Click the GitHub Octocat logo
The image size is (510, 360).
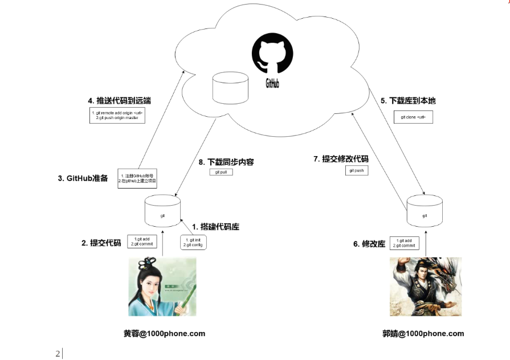(x=272, y=57)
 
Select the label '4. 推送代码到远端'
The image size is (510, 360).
(x=119, y=101)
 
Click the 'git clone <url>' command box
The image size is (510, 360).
(x=413, y=117)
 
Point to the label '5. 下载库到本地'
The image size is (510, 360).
(x=408, y=101)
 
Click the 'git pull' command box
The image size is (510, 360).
(x=221, y=171)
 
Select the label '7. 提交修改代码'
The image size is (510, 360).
(x=341, y=159)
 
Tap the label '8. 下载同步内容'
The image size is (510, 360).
(x=226, y=162)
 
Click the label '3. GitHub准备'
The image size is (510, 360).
(x=83, y=178)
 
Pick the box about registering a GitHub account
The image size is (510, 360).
(x=138, y=178)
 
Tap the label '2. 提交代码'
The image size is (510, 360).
(x=101, y=243)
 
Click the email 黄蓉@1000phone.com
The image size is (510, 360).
(x=164, y=333)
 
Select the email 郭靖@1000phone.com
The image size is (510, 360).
(x=423, y=333)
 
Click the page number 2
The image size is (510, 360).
(x=58, y=354)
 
